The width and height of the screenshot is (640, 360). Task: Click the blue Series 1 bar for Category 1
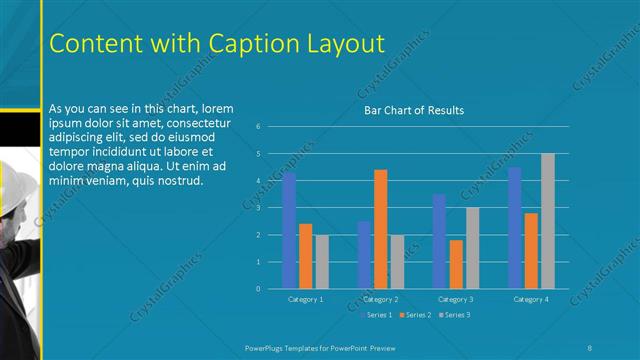[x=289, y=231]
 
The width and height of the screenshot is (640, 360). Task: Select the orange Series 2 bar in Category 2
[x=380, y=229]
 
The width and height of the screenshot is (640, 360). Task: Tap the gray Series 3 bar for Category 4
[x=547, y=221]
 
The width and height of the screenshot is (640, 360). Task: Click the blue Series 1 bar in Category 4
[x=514, y=228]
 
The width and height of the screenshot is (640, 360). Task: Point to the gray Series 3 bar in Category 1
[x=321, y=262]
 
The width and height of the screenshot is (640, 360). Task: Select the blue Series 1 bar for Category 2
[x=364, y=255]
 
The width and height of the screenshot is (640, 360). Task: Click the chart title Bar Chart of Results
[x=413, y=110]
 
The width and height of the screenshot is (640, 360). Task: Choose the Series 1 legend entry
[x=376, y=315]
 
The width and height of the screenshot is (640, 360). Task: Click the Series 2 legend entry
[x=415, y=315]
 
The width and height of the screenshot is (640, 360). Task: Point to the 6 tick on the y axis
[x=258, y=127]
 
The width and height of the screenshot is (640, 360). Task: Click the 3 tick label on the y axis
[x=258, y=208]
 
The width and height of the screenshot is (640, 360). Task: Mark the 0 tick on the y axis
[x=258, y=289]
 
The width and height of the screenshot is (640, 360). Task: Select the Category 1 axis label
[x=305, y=299]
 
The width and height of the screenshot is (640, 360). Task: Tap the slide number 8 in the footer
[x=590, y=346]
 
